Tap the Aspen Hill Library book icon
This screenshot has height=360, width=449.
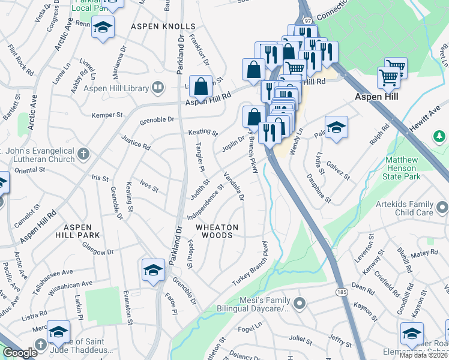(x=157, y=88)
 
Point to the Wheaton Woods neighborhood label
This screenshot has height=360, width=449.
(x=217, y=231)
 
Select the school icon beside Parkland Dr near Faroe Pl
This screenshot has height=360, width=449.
(x=153, y=269)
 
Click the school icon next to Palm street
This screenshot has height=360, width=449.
(x=336, y=127)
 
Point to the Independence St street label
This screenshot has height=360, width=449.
(x=205, y=202)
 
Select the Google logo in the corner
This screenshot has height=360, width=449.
(x=20, y=353)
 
